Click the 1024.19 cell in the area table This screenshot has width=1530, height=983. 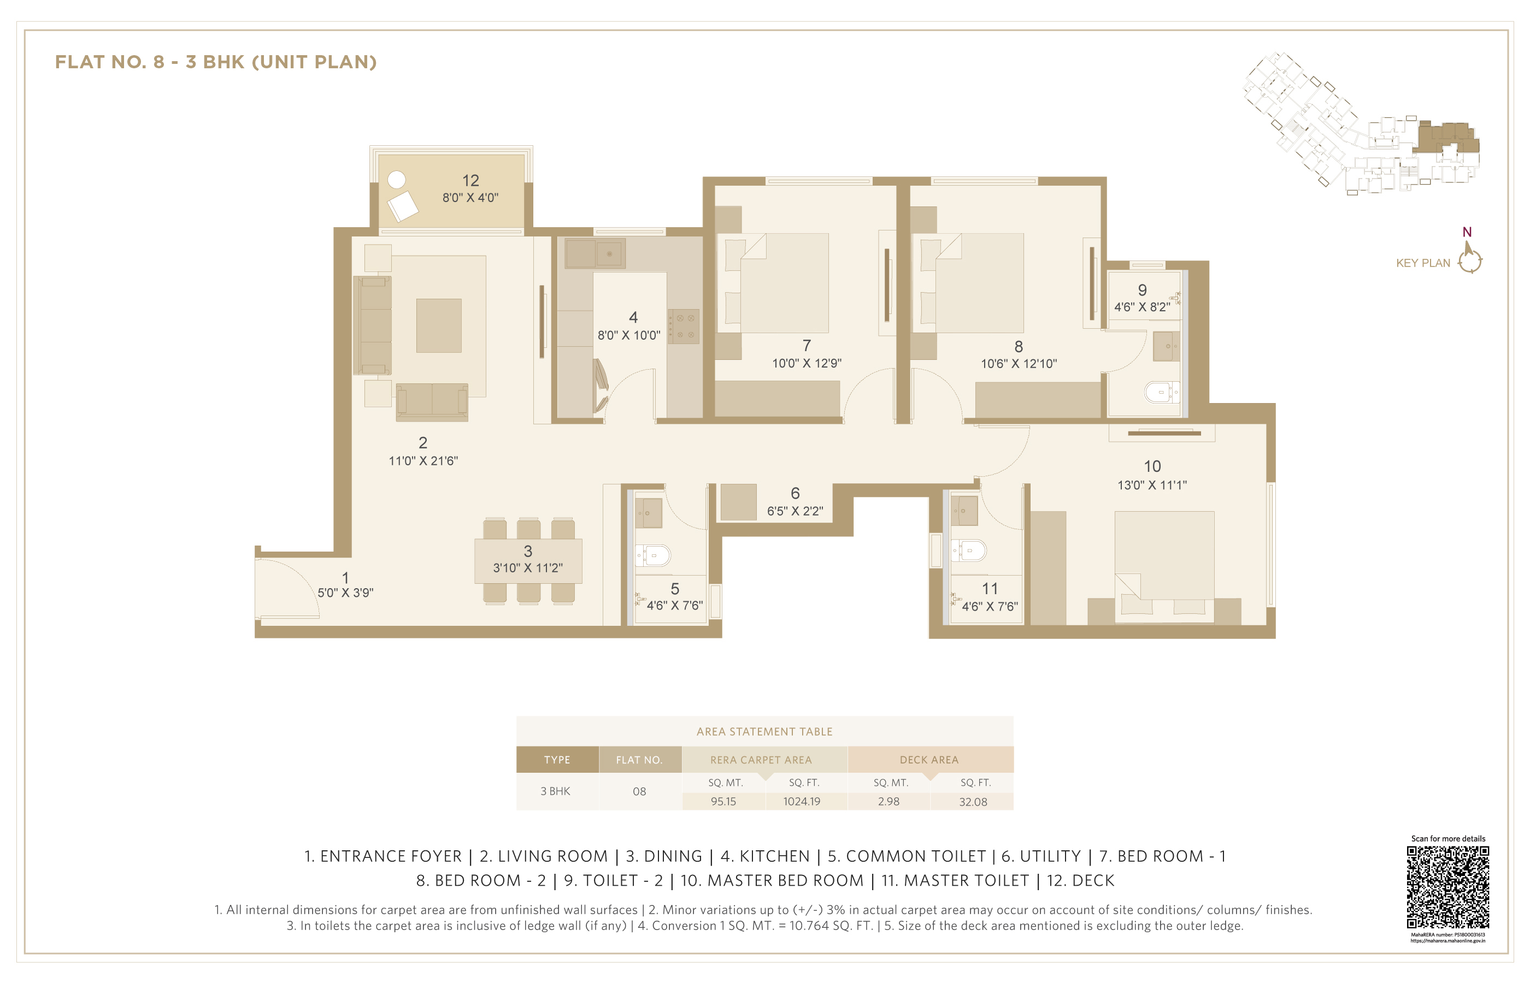802,801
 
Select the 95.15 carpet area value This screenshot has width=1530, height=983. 723,801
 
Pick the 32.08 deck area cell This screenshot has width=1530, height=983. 973,802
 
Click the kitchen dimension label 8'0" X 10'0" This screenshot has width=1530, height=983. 629,335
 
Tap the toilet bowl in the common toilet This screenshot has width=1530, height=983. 653,555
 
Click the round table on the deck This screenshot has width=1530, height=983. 397,180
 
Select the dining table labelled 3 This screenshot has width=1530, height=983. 528,561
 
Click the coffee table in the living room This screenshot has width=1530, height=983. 439,325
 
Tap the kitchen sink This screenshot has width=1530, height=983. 610,253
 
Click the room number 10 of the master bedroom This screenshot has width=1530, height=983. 1152,466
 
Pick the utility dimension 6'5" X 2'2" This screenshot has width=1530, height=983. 795,511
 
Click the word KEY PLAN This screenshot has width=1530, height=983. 1423,263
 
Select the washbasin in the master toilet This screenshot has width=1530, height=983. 964,511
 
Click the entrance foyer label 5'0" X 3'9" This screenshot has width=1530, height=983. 345,593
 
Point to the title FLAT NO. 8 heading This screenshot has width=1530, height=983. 216,62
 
